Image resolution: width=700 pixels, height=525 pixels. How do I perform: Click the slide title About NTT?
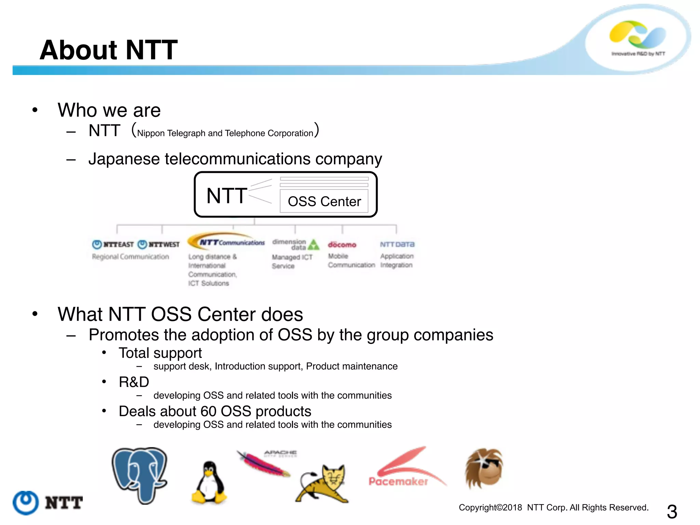(108, 50)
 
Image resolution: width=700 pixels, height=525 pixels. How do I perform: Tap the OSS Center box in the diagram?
(324, 201)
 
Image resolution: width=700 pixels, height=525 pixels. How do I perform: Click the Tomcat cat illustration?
(323, 484)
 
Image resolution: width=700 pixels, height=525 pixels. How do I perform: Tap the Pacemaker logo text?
(398, 481)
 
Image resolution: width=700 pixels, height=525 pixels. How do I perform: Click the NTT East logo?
(113, 244)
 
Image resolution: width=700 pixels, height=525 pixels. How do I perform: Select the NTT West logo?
(159, 244)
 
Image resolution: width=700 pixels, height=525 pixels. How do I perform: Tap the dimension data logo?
(295, 244)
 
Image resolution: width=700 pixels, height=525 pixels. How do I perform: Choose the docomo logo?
(342, 245)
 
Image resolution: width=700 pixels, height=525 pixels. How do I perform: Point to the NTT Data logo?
(397, 244)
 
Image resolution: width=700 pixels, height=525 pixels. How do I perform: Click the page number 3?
(672, 512)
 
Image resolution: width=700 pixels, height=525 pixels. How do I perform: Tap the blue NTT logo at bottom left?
(48, 502)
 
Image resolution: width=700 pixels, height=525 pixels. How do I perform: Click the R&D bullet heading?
(134, 382)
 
